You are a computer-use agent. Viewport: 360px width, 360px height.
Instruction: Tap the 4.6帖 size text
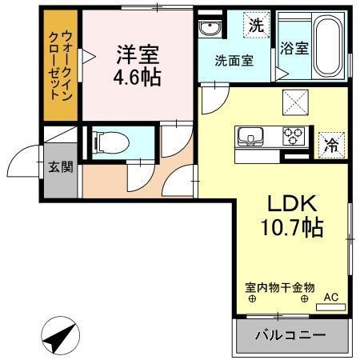[138, 78]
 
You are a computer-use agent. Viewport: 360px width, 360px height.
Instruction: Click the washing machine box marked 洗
[254, 26]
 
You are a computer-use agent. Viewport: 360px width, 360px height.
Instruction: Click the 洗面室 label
[234, 61]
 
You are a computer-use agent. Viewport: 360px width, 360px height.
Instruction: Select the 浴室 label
[294, 48]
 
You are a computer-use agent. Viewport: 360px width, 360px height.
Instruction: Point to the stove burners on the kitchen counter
[293, 136]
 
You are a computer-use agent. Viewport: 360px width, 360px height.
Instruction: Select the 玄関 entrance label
[60, 167]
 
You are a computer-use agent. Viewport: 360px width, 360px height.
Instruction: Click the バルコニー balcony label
[290, 335]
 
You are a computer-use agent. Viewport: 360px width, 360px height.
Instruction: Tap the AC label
[330, 298]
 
